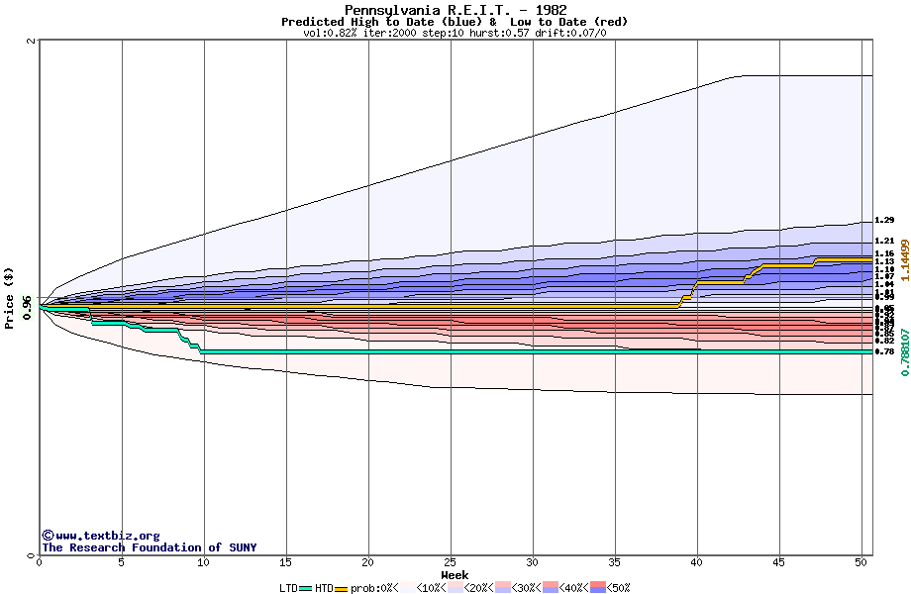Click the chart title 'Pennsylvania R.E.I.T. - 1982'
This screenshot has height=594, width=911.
point(455,11)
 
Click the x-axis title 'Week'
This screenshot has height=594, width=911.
point(455,574)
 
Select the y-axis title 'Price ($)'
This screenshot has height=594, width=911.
point(9,297)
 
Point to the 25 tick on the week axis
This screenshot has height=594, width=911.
point(451,562)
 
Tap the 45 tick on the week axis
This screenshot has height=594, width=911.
point(779,562)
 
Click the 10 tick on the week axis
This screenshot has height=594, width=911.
point(203,562)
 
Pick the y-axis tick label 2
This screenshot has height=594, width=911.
point(32,42)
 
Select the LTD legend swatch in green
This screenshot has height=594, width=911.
point(305,588)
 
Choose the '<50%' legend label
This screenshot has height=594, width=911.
point(619,588)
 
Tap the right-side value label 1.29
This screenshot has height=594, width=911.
point(884,221)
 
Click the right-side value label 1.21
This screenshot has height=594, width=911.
point(884,241)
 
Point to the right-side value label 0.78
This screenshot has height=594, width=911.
point(884,351)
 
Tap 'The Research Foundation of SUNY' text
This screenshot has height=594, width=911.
point(149,547)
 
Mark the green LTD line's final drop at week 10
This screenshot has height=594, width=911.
point(201,349)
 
